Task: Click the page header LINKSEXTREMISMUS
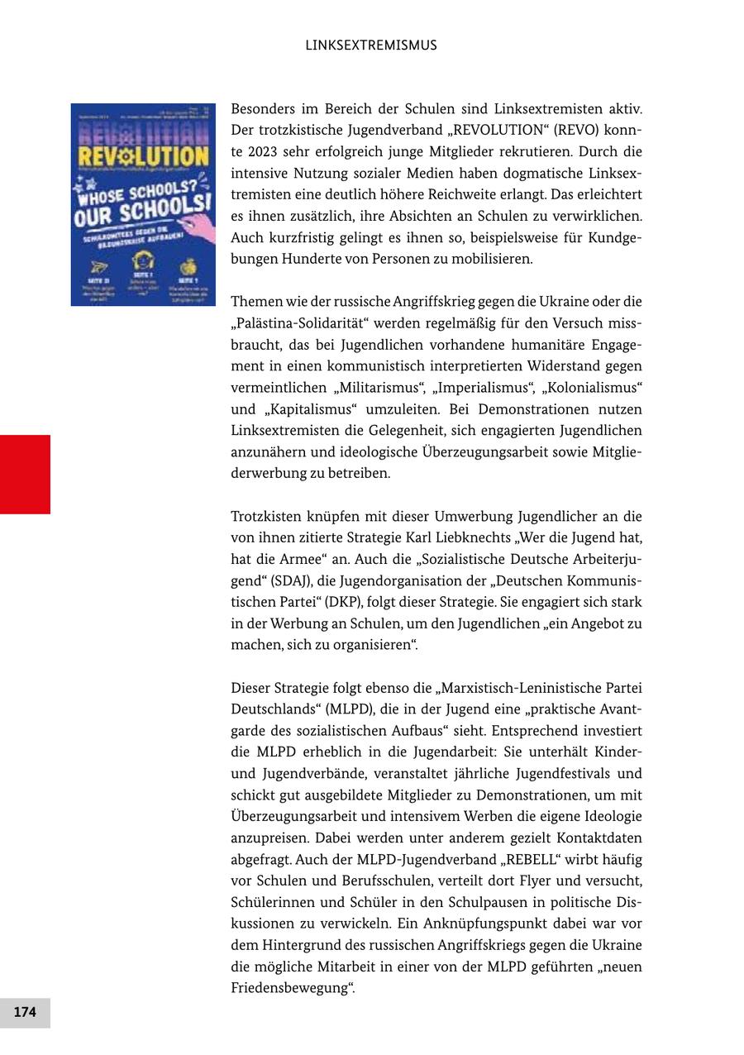click(371, 45)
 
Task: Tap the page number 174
click(25, 1012)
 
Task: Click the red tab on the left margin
click(25, 474)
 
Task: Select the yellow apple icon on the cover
click(188, 265)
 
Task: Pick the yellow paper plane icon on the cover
click(98, 266)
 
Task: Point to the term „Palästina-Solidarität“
click(303, 323)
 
